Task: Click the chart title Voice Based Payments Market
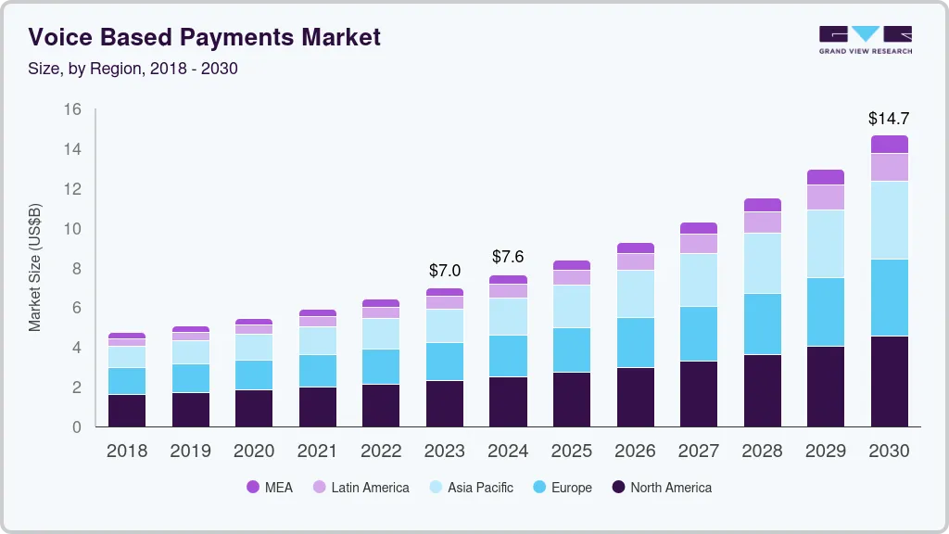coord(204,37)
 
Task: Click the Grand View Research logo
coord(865,40)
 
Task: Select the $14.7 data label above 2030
coord(888,118)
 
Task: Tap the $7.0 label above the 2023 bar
coord(445,271)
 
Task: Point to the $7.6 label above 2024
coord(508,256)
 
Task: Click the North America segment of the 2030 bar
coord(889,381)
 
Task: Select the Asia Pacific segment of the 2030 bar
coord(889,220)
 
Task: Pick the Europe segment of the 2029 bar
coord(826,311)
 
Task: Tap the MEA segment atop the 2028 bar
coord(762,205)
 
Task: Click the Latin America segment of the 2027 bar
coord(699,243)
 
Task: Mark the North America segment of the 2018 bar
coord(127,410)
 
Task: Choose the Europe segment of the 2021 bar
coord(318,371)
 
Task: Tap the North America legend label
coord(670,488)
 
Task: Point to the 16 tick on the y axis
coord(72,109)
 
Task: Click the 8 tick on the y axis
coord(77,269)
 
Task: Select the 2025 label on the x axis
coord(572,451)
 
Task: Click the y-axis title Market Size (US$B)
coord(35,268)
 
